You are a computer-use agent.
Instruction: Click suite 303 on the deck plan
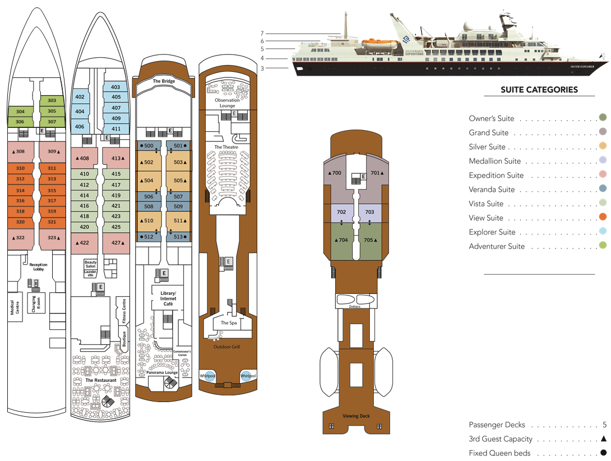[52, 100]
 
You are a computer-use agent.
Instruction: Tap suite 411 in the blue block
[116, 129]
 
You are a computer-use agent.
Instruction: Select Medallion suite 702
[341, 213]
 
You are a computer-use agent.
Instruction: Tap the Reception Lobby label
[39, 267]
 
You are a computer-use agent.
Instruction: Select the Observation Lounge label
[226, 103]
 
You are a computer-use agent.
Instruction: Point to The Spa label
[228, 323]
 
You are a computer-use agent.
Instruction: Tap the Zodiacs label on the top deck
[354, 307]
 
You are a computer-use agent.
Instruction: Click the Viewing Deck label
[357, 416]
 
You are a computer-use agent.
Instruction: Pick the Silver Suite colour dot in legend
[603, 146]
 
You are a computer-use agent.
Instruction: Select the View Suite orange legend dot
[603, 218]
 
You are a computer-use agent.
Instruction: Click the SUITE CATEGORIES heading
[539, 90]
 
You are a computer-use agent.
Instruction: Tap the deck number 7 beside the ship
[262, 33]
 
